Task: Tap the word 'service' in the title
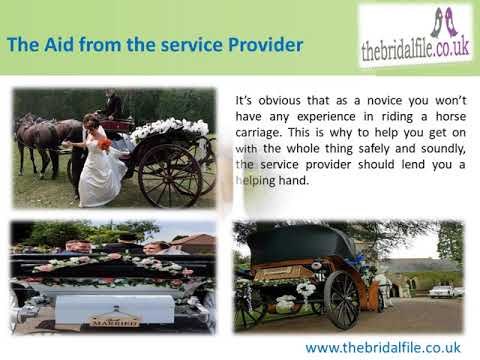(181, 45)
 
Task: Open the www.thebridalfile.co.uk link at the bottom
(382, 347)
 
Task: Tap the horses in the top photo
(46, 134)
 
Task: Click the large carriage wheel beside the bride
(169, 174)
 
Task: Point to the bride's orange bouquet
(103, 143)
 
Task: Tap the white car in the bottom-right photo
(440, 291)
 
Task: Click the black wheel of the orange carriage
(342, 299)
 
